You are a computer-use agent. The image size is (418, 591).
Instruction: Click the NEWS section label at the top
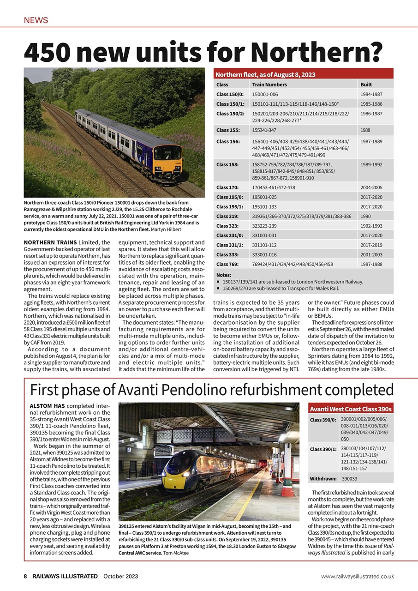click(36, 20)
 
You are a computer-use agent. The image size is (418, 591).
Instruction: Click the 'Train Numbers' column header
click(269, 84)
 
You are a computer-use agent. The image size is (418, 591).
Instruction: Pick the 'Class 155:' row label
click(227, 130)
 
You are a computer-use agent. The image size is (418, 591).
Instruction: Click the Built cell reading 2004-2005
click(371, 187)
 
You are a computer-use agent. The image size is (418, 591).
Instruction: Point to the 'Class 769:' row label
click(227, 264)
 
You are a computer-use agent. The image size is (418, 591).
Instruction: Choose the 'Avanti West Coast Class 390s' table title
click(351, 409)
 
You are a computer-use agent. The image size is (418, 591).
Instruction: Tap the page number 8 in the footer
click(26, 576)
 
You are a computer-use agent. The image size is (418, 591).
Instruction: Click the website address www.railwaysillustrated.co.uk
click(358, 576)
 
